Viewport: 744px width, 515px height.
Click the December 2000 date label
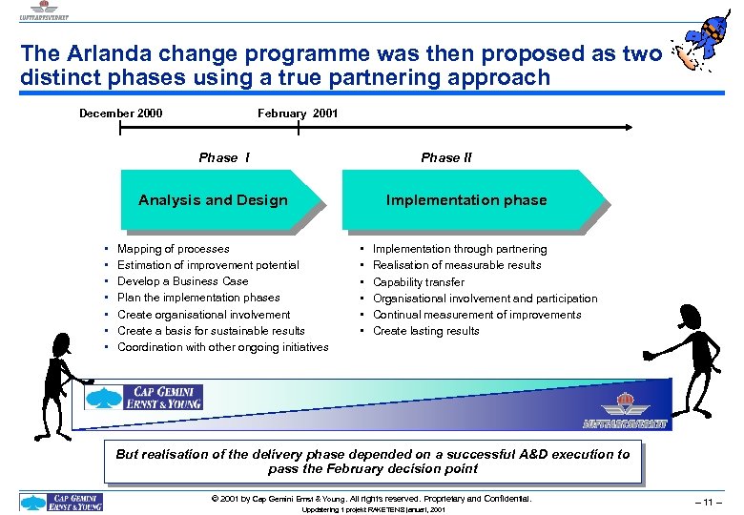click(x=120, y=113)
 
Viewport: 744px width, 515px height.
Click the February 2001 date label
click(x=298, y=113)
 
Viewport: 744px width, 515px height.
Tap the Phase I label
click(x=224, y=157)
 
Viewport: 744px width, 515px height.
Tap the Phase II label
click(x=446, y=157)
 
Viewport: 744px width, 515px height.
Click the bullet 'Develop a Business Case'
click(x=182, y=281)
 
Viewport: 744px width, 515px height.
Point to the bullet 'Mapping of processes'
click(x=173, y=249)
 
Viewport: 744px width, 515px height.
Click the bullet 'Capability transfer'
click(x=419, y=282)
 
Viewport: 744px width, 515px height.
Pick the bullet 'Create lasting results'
click(x=426, y=331)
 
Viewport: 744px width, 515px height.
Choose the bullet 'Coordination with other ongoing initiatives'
click(x=222, y=347)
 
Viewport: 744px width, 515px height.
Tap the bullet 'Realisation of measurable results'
click(x=457, y=265)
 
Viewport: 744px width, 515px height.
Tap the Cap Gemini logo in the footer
click(x=62, y=502)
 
